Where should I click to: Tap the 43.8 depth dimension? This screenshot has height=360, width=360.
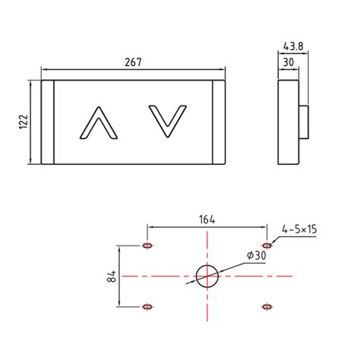[x=293, y=46]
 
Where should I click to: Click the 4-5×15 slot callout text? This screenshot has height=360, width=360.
[x=301, y=228]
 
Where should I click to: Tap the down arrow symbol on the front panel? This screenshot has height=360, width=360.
[x=166, y=122]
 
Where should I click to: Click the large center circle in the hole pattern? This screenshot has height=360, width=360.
[x=207, y=276]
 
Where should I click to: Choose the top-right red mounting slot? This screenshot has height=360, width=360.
[x=267, y=246]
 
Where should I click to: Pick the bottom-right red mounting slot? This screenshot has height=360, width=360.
[x=267, y=306]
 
